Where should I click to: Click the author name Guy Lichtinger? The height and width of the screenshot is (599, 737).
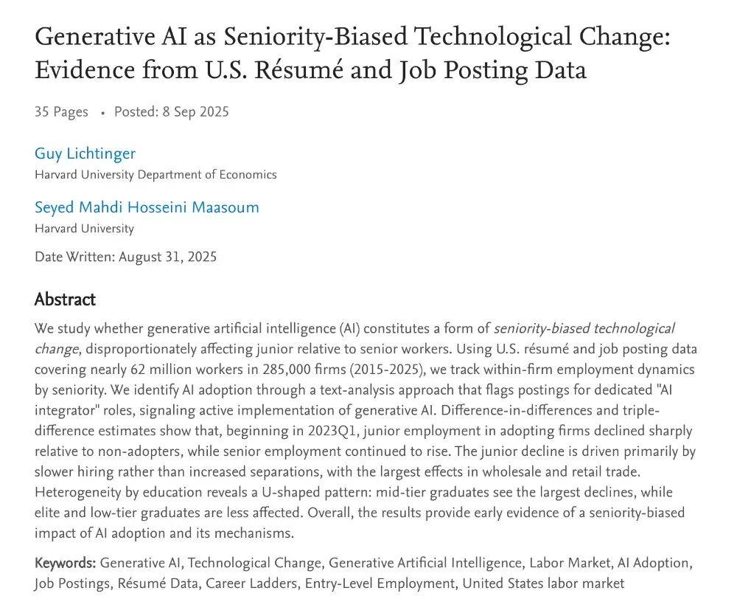coord(85,153)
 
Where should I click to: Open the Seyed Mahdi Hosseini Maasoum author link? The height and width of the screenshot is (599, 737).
coord(147,207)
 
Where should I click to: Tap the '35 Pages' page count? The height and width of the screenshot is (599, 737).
coord(61,112)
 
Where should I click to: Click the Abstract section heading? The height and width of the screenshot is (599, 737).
coord(65,299)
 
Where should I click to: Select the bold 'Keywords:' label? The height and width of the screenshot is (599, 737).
coord(65,564)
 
